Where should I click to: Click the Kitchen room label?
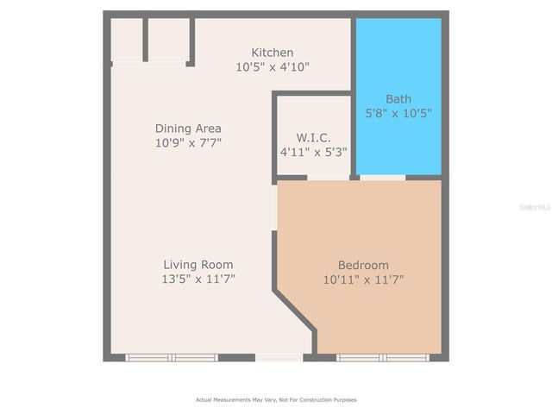[273, 53]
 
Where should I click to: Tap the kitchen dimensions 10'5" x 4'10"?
[273, 66]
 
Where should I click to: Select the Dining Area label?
[188, 129]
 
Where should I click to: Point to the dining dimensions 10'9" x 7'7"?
[188, 142]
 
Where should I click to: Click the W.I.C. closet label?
[313, 137]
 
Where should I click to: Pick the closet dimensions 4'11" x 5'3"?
[313, 151]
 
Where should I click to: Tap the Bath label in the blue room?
[398, 98]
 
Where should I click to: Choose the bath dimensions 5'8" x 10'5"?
[398, 112]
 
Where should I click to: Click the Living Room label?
[198, 265]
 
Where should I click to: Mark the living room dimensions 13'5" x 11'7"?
[198, 279]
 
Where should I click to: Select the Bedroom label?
[363, 265]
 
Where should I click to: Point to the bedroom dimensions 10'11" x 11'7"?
[363, 279]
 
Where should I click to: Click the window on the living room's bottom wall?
[172, 357]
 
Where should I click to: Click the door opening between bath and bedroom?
[382, 178]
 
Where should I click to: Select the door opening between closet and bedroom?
[328, 178]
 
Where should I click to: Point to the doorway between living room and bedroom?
[275, 209]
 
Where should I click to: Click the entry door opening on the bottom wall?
[279, 357]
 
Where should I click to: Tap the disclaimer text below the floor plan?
[276, 399]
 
